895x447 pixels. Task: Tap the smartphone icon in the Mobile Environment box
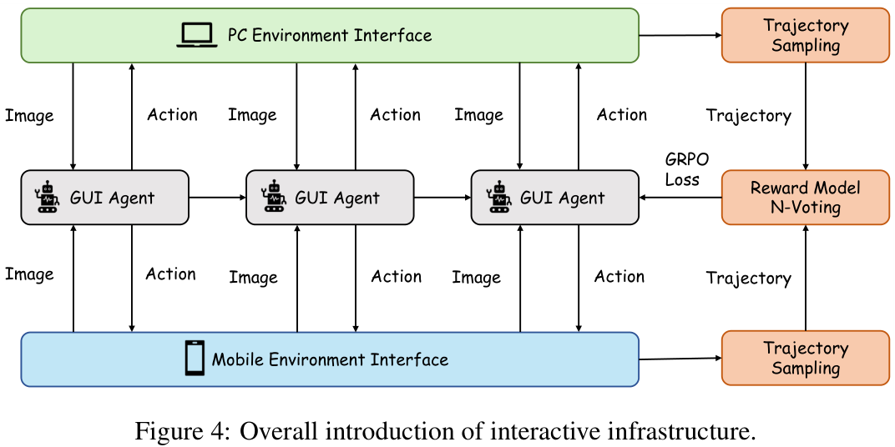pos(195,358)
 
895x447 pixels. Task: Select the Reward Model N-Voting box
pos(806,198)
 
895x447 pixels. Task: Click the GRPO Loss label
pos(683,168)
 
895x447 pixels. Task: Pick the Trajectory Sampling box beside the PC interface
pos(806,35)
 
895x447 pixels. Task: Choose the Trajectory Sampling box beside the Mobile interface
pos(806,359)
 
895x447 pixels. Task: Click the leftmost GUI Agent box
pos(104,198)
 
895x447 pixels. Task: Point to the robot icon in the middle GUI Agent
pos(274,198)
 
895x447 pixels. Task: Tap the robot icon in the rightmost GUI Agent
pos(499,198)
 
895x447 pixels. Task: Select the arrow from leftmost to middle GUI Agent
pos(217,198)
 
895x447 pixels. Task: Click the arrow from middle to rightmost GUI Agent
pos(442,198)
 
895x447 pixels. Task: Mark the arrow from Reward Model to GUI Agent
pos(680,198)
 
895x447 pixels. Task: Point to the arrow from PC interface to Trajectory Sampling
pos(680,35)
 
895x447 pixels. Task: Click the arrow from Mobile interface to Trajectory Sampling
pos(680,359)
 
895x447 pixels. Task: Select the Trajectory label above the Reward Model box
pos(749,116)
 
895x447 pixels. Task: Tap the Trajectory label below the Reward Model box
pos(749,279)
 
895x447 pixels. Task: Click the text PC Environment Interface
pos(330,35)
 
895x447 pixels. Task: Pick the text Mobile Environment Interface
pos(330,359)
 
